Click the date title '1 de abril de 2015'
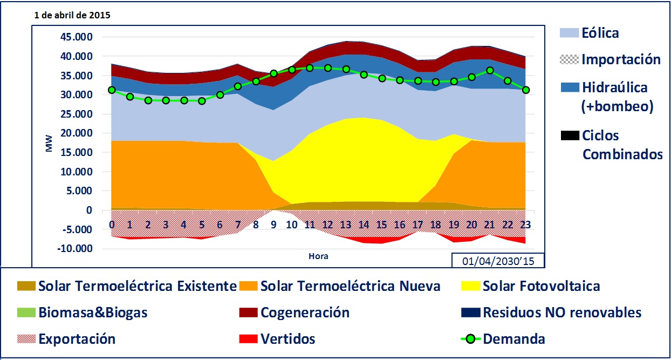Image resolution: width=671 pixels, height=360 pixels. (x=72, y=15)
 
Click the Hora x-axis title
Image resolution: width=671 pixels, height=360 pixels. (x=318, y=256)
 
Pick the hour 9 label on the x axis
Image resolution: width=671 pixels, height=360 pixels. (x=274, y=224)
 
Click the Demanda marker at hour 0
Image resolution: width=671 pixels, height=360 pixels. (x=112, y=90)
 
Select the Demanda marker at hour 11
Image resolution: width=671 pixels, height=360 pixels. (x=310, y=68)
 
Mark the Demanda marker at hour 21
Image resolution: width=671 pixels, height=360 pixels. (x=490, y=70)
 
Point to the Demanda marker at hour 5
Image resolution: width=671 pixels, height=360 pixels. (x=202, y=101)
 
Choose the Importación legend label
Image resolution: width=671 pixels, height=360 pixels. (x=621, y=59)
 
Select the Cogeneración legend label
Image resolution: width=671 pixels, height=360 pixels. (x=305, y=313)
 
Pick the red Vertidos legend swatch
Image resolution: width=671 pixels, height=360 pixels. (x=247, y=339)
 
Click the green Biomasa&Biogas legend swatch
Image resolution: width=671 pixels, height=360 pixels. (x=25, y=313)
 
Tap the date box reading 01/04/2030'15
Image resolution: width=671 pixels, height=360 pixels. (x=498, y=261)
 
